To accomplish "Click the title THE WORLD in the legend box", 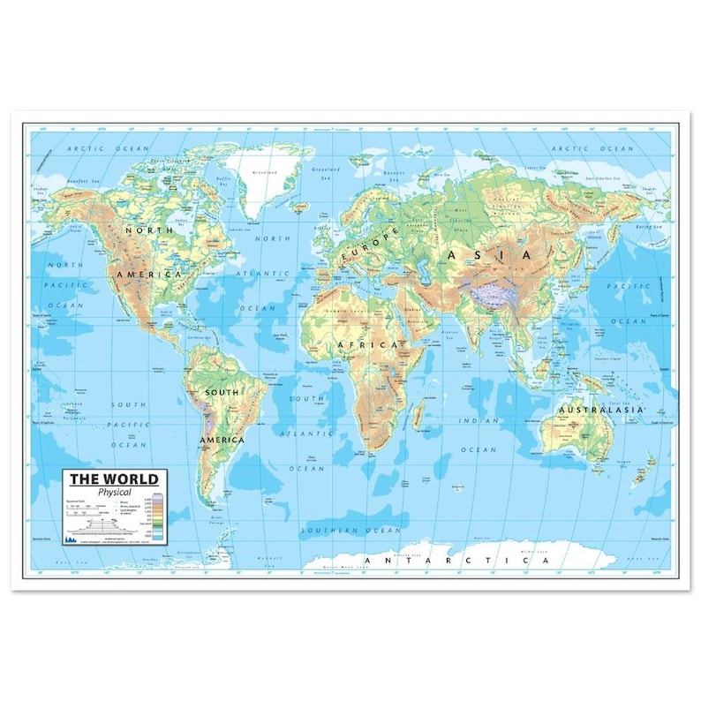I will [114, 479].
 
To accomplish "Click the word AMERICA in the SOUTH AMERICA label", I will [221, 439].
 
